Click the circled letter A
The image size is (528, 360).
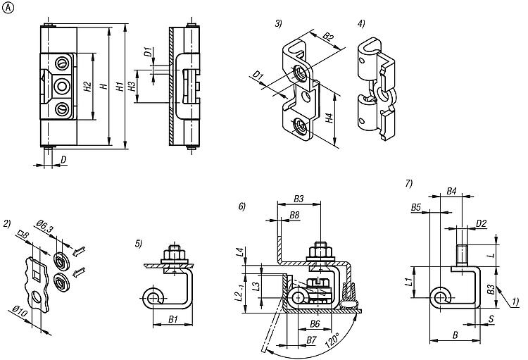(x=7, y=7)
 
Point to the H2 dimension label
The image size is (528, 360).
(x=87, y=88)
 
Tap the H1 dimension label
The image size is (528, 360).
(x=120, y=87)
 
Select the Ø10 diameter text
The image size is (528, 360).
(x=27, y=311)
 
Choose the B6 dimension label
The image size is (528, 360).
(x=316, y=324)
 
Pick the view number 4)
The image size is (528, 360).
(x=360, y=24)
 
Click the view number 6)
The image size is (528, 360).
(x=241, y=206)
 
